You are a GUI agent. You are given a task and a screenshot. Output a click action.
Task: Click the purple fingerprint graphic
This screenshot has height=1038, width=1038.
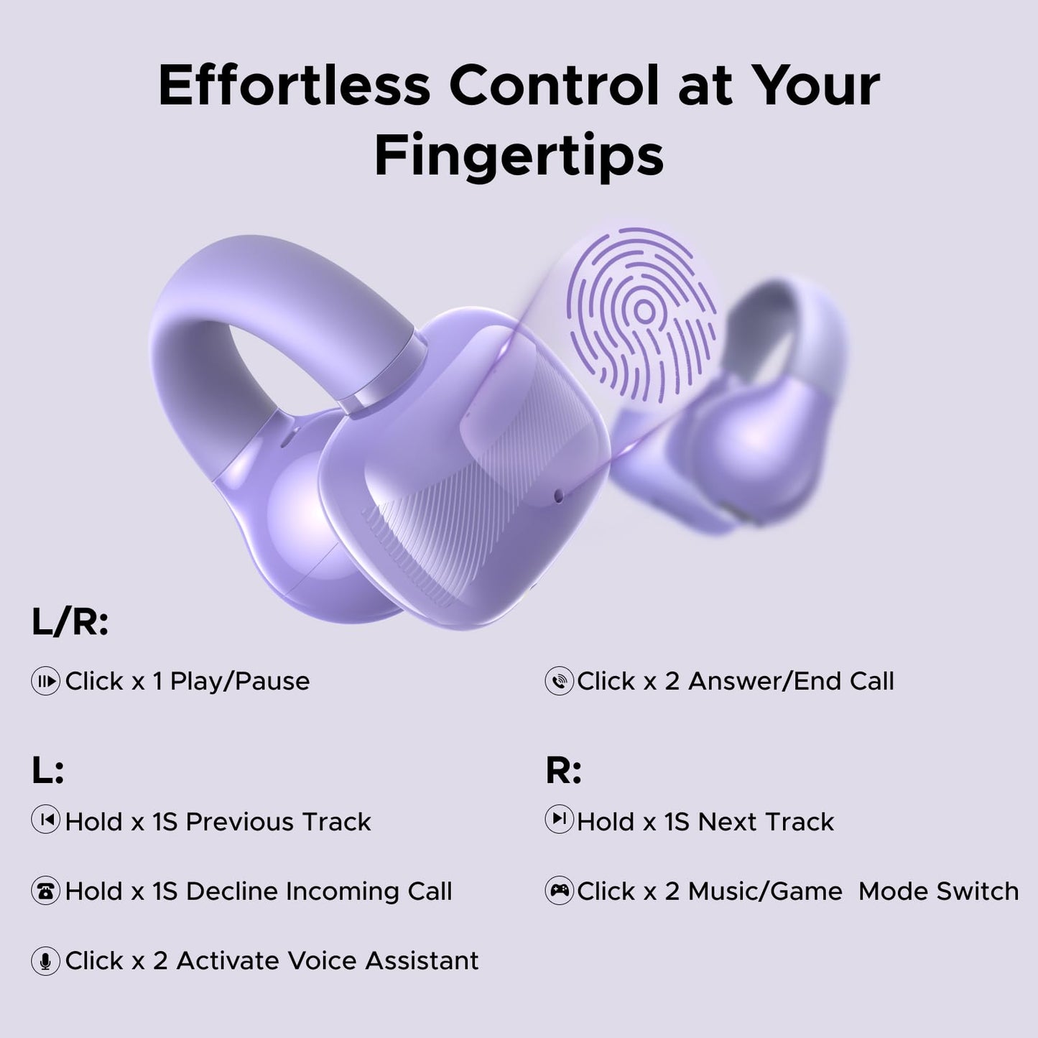(642, 313)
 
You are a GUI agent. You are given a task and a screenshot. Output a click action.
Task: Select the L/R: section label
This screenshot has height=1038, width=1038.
(70, 622)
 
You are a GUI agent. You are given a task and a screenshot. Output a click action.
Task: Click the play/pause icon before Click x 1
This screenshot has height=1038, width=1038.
(45, 681)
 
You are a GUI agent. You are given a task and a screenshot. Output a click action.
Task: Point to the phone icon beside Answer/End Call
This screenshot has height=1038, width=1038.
(559, 681)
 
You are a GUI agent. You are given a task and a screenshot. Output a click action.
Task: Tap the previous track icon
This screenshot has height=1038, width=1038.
(45, 820)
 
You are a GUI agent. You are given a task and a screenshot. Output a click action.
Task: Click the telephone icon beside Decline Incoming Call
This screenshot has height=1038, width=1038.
(45, 891)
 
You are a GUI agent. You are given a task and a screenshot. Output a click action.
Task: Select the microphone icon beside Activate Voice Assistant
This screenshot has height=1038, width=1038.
(45, 960)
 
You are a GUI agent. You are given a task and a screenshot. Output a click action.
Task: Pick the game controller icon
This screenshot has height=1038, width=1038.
(559, 891)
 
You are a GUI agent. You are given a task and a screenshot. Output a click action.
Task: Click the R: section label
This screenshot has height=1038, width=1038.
(563, 771)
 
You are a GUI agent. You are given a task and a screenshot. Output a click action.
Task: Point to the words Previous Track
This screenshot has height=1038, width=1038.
(278, 822)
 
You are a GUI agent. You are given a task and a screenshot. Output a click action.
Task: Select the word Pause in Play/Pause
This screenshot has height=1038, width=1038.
(277, 681)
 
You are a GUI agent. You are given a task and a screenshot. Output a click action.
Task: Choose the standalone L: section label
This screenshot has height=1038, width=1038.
(47, 771)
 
